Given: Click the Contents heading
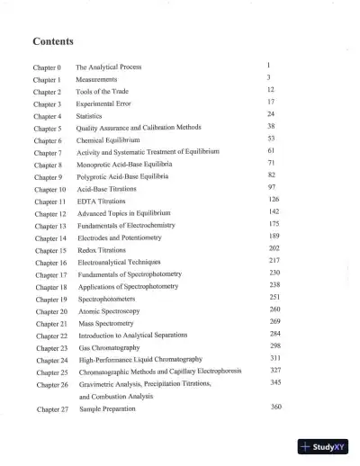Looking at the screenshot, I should (x=53, y=42).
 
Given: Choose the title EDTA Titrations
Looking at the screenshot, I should (x=101, y=202).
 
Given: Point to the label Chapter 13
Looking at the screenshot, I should (x=50, y=226).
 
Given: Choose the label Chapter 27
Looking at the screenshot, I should (x=52, y=408).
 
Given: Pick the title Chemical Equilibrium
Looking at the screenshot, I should (x=107, y=140).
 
